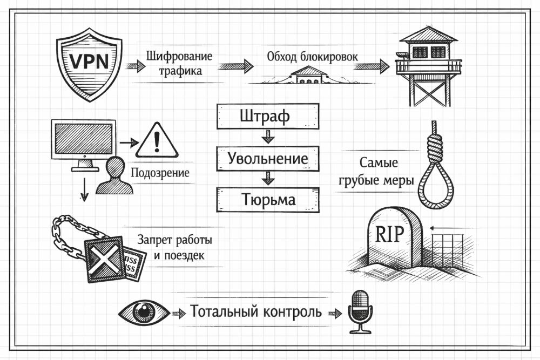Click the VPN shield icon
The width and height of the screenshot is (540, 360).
pos(89,64)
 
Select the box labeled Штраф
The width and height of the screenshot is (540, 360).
pos(265,117)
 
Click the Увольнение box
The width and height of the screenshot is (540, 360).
pos(267,159)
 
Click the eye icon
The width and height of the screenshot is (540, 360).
pos(144,311)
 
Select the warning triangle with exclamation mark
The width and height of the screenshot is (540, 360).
pos(157,141)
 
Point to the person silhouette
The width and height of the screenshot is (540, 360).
pos(115,176)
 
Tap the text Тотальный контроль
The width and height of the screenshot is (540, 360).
pos(255,312)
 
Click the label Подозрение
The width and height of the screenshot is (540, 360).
pos(160,173)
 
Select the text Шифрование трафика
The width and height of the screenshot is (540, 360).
pos(179,63)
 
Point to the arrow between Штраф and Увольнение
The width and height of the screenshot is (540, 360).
pos(265,137)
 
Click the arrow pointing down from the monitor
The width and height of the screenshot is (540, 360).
pos(84,189)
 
